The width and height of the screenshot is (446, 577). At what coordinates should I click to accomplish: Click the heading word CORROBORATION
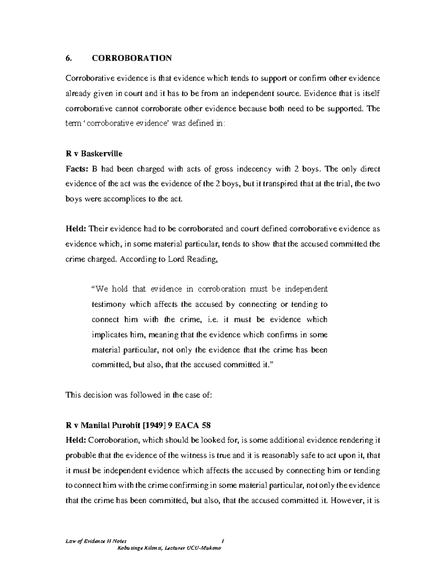point(132,58)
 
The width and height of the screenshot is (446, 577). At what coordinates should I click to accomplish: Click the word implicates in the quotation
point(109,334)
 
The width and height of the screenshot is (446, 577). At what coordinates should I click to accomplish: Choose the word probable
point(80,455)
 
